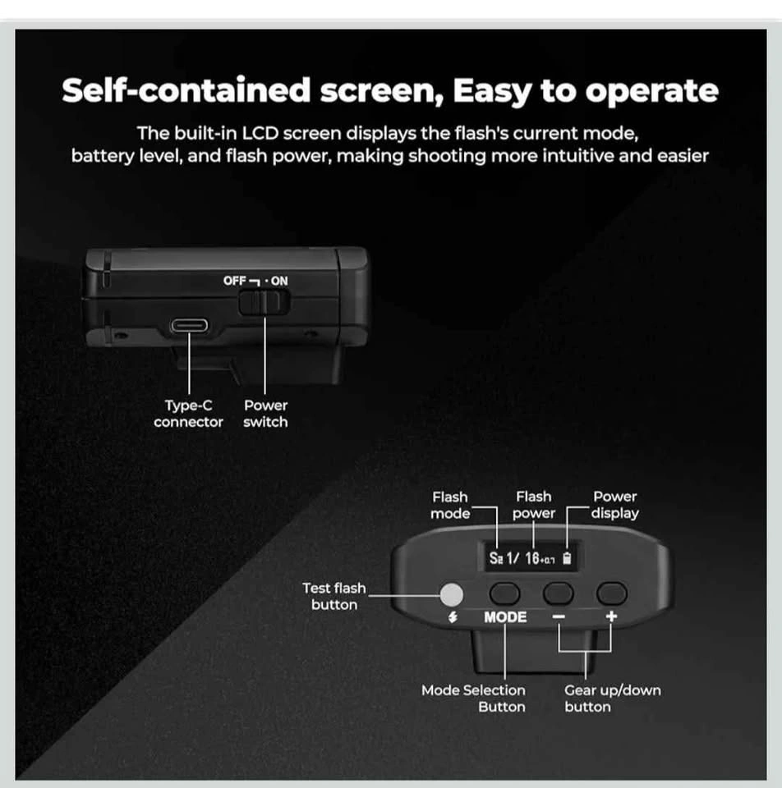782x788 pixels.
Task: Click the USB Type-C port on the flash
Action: coord(189,326)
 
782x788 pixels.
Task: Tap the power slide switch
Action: coord(264,303)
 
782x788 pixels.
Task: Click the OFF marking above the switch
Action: coord(234,281)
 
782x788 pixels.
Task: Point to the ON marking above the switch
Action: coord(279,281)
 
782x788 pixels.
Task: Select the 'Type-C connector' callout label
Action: coord(189,414)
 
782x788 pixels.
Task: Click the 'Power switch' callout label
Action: coord(265,414)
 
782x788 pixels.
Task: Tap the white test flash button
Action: coord(452,594)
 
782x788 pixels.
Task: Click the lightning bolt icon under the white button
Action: coord(453,617)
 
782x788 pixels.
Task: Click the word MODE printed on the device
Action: coord(505,617)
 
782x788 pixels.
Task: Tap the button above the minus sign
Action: coord(559,593)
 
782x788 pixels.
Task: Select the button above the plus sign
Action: coord(611,593)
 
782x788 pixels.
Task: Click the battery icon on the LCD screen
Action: coord(567,558)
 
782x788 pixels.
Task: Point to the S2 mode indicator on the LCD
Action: coord(496,558)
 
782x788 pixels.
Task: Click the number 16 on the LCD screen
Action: coord(532,558)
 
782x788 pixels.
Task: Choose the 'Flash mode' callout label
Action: coord(450,505)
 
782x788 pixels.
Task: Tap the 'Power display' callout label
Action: coord(614,505)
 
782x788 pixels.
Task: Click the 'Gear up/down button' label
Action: coord(613,699)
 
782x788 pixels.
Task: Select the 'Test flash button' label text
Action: coord(334,597)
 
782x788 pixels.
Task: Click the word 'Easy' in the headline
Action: coord(492,92)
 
